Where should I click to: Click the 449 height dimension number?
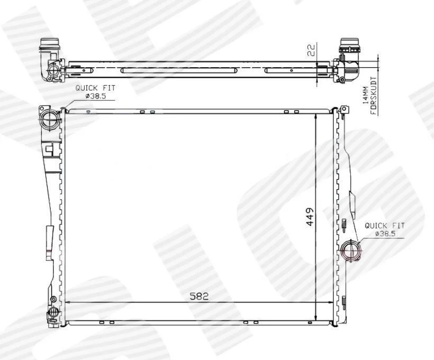311,217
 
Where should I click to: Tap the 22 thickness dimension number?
311,50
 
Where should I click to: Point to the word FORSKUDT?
373,95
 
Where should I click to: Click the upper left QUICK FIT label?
95,88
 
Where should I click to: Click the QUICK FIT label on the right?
384,226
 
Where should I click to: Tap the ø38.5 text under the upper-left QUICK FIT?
96,96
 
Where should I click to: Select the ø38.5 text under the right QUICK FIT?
385,233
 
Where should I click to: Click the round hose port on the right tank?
351,250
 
